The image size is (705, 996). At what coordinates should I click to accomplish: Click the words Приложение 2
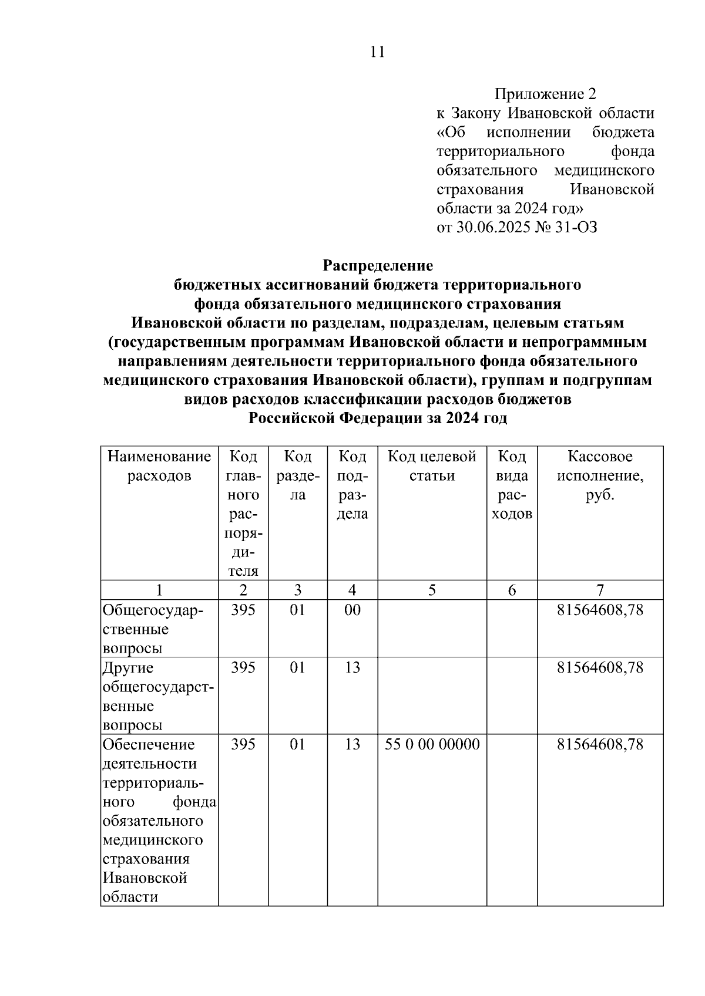[x=545, y=94]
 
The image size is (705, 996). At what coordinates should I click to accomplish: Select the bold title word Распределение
[x=378, y=265]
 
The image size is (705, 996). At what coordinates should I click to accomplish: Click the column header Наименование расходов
[x=159, y=466]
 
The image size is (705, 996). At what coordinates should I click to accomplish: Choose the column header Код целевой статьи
[x=432, y=466]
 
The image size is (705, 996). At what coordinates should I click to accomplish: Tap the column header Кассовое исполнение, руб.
[x=600, y=475]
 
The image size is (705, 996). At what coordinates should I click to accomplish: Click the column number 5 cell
[x=432, y=590]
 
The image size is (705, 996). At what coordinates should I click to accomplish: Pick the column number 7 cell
[x=600, y=590]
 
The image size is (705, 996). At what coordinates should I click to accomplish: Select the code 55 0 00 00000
[x=432, y=744]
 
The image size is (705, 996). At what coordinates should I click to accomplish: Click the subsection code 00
[x=352, y=610]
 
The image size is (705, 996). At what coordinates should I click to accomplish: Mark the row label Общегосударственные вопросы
[x=153, y=629]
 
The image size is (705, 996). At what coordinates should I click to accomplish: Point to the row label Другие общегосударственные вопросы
[x=157, y=696]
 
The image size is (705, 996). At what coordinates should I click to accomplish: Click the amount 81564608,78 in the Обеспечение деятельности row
[x=600, y=744]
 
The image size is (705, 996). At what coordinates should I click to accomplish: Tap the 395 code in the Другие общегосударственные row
[x=243, y=667]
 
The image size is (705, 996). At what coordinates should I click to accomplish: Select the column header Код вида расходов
[x=512, y=485]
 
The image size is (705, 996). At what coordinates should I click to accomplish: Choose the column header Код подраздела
[x=352, y=485]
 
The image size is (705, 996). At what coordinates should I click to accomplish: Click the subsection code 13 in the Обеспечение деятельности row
[x=352, y=744]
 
